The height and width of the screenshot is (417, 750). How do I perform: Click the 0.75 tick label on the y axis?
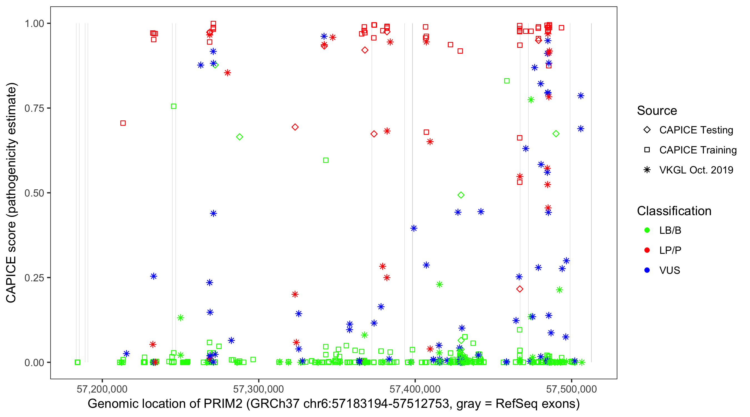point(34,108)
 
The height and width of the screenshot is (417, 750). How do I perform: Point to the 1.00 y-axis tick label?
point(34,24)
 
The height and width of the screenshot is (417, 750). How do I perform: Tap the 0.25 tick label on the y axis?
point(34,278)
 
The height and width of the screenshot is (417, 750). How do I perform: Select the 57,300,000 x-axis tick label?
point(258,389)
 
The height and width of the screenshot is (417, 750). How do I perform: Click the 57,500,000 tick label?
point(571,389)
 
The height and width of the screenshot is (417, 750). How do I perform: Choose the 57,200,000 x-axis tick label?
point(102,389)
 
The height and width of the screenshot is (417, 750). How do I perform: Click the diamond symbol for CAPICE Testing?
point(647,130)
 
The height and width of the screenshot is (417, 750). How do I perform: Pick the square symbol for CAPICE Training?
point(647,150)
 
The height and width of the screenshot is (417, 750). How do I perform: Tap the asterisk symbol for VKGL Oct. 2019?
point(647,170)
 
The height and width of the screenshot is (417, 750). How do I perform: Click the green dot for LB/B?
point(647,230)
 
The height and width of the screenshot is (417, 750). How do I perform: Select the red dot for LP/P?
point(647,250)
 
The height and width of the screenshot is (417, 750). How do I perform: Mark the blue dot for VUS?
point(647,270)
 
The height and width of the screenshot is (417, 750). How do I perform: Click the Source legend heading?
point(657,111)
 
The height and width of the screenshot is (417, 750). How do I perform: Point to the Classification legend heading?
point(674,211)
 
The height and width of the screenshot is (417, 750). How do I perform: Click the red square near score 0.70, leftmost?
point(123,123)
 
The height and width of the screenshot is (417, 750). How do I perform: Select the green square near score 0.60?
point(326,160)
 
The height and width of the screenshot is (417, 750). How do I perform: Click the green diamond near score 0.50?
point(461,195)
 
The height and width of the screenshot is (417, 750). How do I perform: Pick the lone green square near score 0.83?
point(507,81)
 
